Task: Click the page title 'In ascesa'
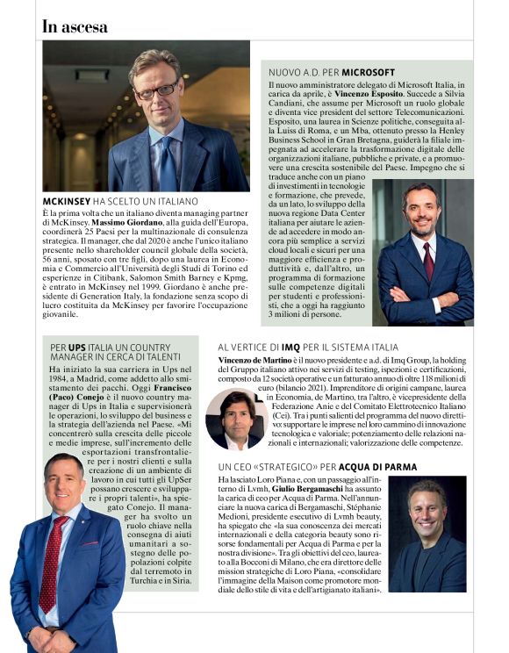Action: coord(75,26)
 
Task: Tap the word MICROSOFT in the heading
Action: coord(369,71)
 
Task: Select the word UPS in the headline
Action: coord(77,348)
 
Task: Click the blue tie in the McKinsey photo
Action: coord(167,161)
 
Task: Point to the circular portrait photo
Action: coord(237,418)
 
